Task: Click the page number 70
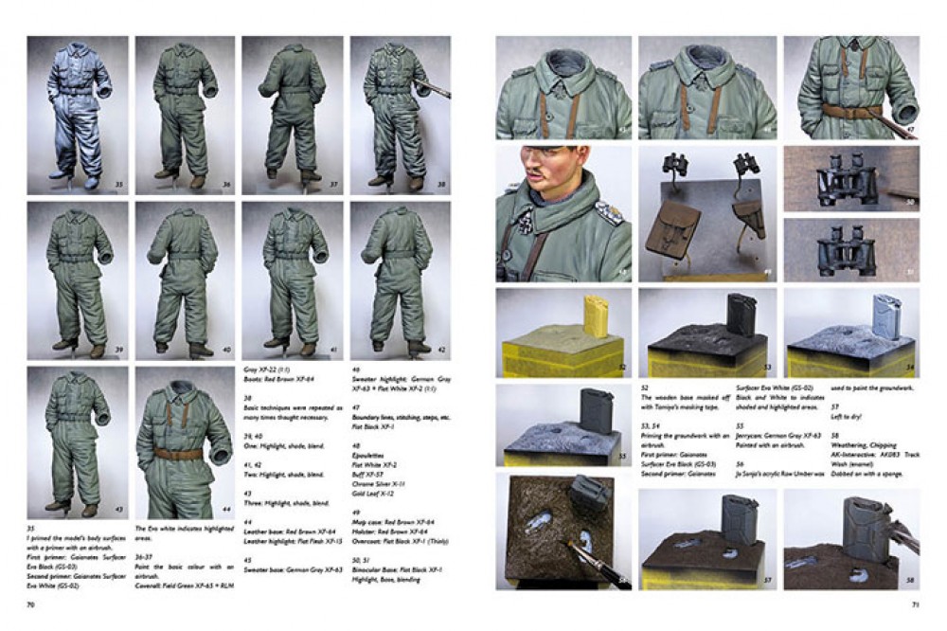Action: (31, 603)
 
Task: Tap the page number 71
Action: (914, 603)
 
